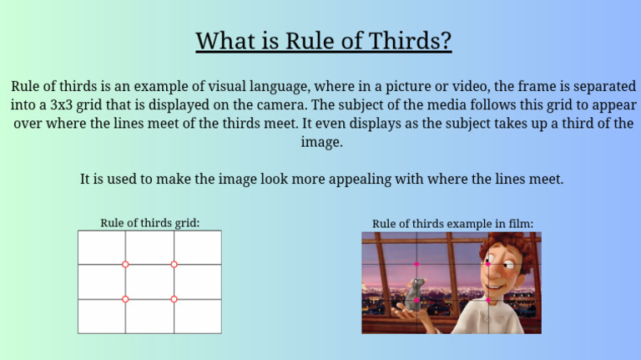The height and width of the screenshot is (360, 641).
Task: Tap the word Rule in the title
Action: tap(307, 40)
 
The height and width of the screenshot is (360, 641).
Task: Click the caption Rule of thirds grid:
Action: tap(150, 223)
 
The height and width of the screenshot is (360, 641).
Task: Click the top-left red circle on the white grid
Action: tap(125, 264)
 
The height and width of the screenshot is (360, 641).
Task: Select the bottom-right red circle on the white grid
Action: tap(174, 299)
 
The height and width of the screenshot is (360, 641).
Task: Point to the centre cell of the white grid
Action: tap(149, 281)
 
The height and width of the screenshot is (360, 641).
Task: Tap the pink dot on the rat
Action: tap(416, 299)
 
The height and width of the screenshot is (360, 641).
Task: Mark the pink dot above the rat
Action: tap(416, 264)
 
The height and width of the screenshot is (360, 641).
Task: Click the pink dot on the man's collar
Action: tap(487, 300)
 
